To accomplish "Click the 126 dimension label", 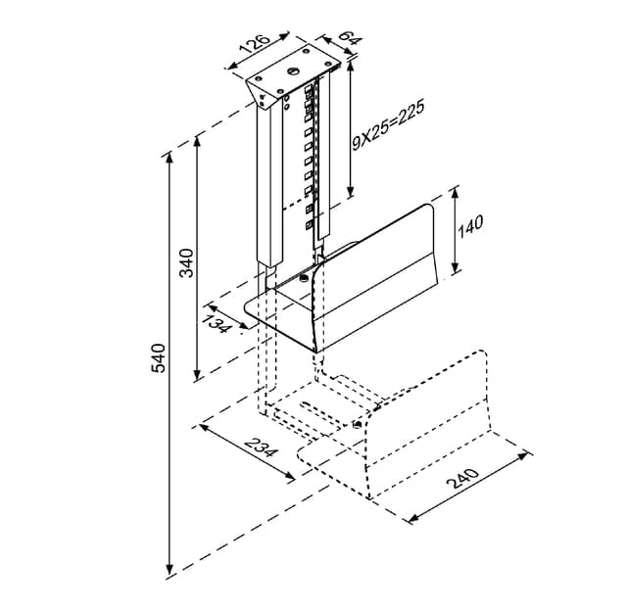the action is coord(255,44).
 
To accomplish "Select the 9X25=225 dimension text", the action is coord(388,125).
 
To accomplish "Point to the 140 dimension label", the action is coord(470,227).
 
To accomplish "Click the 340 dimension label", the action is coord(187,263).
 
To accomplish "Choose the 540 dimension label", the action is coord(158,357).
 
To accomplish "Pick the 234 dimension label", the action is coord(261,447).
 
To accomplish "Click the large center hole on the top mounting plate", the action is coord(293,71).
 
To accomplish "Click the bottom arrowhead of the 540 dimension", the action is coord(169,569).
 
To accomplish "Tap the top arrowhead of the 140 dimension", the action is coord(455,194).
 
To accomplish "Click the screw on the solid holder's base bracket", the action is coord(304,276).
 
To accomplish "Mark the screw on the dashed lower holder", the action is coord(358,424).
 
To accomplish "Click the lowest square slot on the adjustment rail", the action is coord(309,225).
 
